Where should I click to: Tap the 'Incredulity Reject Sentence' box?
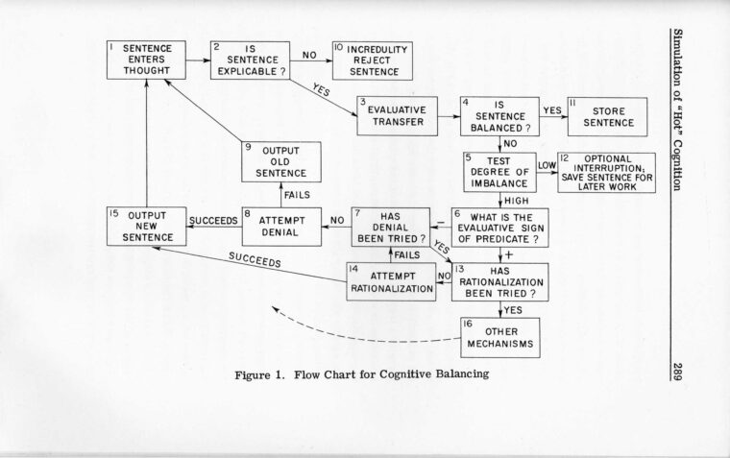click(x=371, y=60)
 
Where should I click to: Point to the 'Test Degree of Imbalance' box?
click(x=499, y=171)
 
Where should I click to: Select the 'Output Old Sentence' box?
click(x=279, y=163)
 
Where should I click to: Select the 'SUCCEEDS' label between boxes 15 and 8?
click(x=212, y=219)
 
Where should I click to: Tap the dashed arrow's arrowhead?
click(x=277, y=310)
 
